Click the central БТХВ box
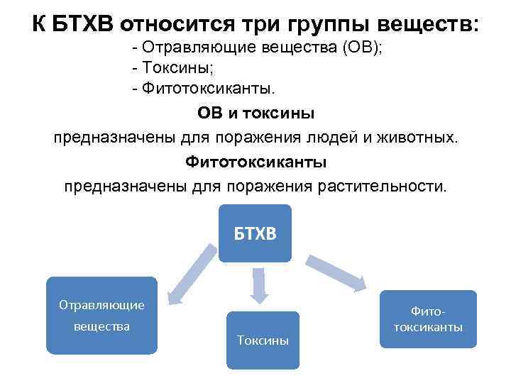255,233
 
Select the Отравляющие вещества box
101,315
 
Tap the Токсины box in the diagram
263,340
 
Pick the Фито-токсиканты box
427,318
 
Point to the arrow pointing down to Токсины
258,287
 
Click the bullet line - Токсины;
171,68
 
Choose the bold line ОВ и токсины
255,113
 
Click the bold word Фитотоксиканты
255,162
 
